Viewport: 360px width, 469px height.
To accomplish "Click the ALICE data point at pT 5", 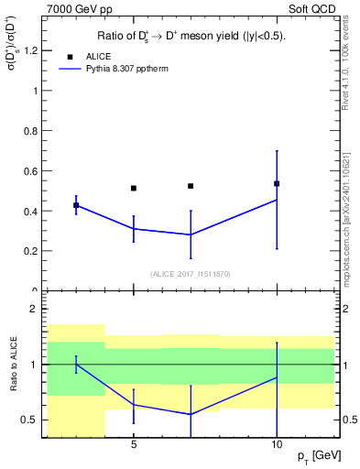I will coord(134,188).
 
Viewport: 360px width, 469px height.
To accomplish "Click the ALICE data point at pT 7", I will coord(191,186).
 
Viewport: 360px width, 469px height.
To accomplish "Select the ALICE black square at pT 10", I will coord(277,183).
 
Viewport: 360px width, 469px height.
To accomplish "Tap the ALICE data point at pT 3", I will coord(76,205).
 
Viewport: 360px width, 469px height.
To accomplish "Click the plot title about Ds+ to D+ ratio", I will coord(191,37).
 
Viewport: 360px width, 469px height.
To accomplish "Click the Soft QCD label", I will coord(311,9).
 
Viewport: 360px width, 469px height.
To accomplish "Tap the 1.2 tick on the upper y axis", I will coord(33,51).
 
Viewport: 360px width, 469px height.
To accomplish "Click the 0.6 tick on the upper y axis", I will coord(33,171).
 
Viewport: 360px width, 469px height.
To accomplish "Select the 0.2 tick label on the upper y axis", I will coord(33,251).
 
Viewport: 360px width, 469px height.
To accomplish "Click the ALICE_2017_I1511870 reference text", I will coord(191,274).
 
